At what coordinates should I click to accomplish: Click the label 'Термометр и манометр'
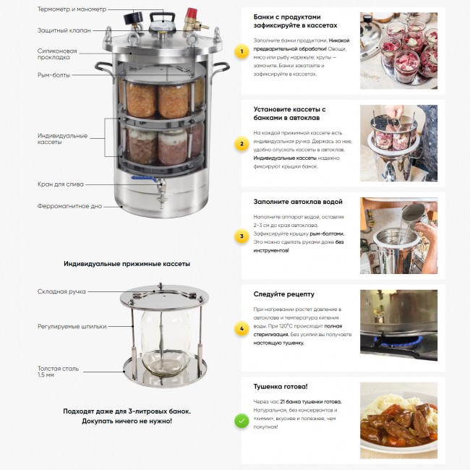[72, 9]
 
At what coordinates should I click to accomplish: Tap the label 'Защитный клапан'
[64, 30]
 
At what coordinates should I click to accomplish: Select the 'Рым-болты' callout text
[54, 75]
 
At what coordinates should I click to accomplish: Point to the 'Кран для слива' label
[61, 184]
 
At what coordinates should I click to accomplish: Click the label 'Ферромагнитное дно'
[69, 206]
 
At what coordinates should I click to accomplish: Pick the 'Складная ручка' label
[61, 291]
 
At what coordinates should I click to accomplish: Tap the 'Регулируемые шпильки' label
[72, 326]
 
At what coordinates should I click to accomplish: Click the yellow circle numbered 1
[242, 51]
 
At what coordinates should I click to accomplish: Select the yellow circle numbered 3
[242, 236]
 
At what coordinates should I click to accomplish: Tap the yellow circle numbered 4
[242, 329]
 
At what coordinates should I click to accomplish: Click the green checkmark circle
[242, 421]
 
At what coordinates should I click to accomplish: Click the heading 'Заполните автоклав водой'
[298, 202]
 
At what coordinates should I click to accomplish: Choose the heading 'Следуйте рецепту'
[284, 294]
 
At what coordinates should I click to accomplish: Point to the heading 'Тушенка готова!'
[281, 387]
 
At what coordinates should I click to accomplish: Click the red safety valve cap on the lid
[191, 14]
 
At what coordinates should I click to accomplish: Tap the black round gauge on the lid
[130, 18]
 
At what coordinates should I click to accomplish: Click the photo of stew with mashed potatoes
[398, 420]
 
